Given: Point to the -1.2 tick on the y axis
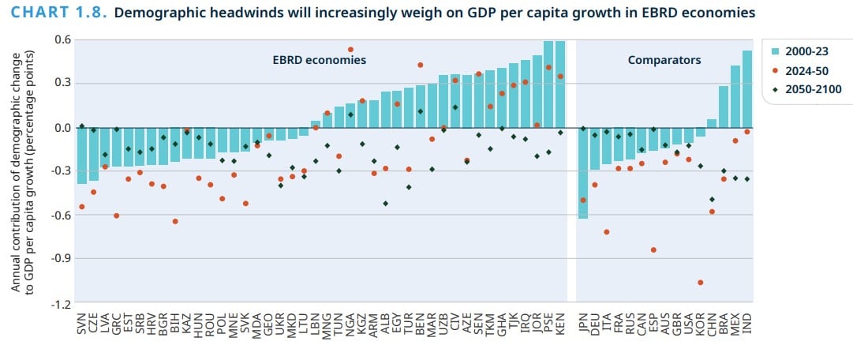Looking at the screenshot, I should (x=61, y=303).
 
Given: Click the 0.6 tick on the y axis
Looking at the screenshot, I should (x=62, y=40).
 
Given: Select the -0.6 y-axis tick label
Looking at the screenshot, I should (x=61, y=215).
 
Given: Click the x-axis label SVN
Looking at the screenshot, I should (x=82, y=323).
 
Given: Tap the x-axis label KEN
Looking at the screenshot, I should (x=560, y=323).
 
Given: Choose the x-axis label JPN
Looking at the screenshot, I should (x=583, y=323).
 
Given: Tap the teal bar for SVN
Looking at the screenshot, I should (x=82, y=155).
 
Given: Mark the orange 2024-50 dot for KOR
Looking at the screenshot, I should (x=700, y=283).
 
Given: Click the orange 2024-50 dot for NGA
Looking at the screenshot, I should (x=350, y=50).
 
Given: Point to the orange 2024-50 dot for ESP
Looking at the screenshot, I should (x=653, y=249).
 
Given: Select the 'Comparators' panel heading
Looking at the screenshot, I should (x=664, y=60).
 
